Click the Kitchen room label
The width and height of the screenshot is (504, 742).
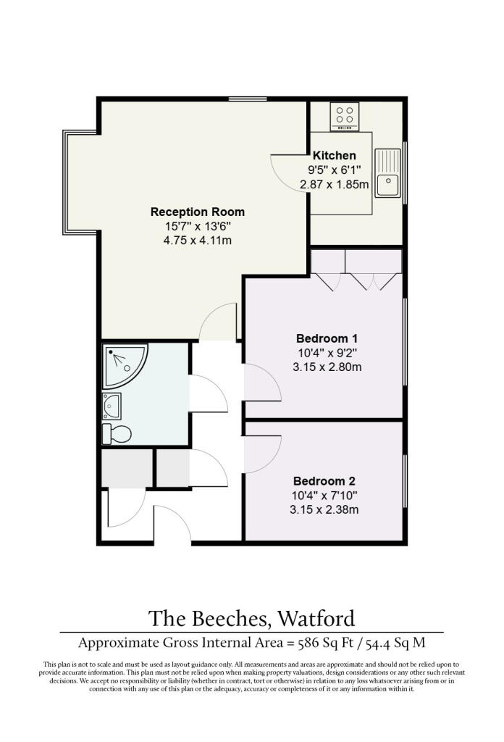click(335, 155)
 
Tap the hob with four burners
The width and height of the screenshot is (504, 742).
click(344, 116)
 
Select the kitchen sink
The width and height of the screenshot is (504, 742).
click(387, 172)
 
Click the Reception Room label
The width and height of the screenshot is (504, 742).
click(198, 212)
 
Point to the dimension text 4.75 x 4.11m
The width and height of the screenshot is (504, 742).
click(198, 241)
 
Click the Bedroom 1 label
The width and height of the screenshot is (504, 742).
click(327, 338)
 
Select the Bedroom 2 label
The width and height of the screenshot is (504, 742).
click(324, 481)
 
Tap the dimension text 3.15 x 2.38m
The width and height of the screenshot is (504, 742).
click(324, 509)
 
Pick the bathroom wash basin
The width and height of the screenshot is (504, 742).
click(112, 406)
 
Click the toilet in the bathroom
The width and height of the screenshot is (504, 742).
click(117, 433)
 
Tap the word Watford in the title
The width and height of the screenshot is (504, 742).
click(316, 619)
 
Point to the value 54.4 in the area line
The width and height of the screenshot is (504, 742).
click(378, 643)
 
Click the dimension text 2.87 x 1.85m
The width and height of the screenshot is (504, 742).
click(335, 184)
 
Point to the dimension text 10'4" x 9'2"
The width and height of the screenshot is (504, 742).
click(327, 353)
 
